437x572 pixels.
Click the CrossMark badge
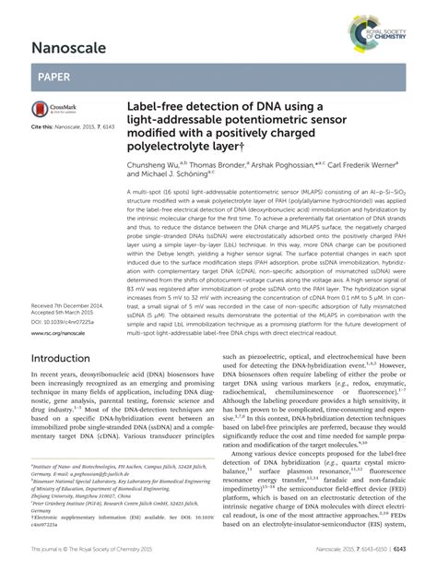tap(50, 108)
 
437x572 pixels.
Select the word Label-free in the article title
tap(158, 109)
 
